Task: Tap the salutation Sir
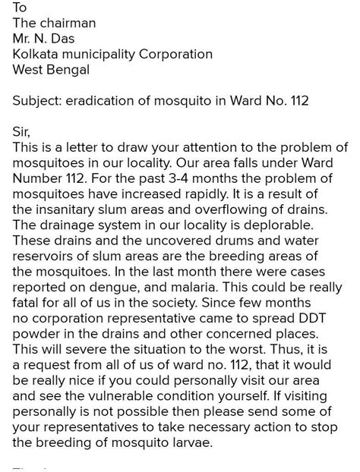pyautogui.click(x=21, y=133)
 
